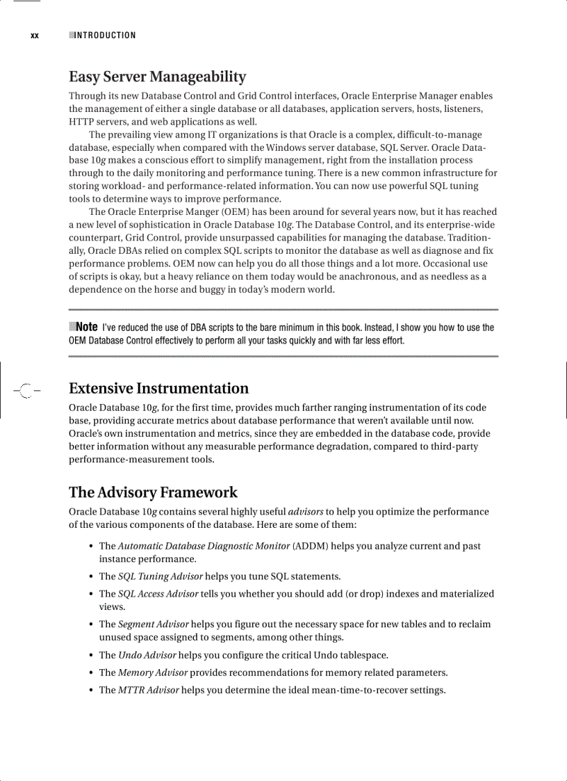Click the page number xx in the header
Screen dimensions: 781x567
pyautogui.click(x=34, y=35)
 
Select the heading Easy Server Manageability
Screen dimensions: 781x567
pyautogui.click(x=157, y=77)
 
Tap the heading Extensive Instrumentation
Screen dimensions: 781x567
pyautogui.click(x=158, y=388)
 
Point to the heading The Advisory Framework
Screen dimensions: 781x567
pyautogui.click(x=153, y=492)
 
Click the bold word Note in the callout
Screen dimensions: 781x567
pyautogui.click(x=86, y=327)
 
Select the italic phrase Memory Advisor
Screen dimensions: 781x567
pyautogui.click(x=152, y=673)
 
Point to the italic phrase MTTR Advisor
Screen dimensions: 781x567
pyautogui.click(x=148, y=690)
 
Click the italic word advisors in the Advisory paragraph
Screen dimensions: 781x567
pyautogui.click(x=305, y=511)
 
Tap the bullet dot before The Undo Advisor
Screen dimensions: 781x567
pyautogui.click(x=92, y=655)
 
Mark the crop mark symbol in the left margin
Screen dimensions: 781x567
pyautogui.click(x=25, y=391)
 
